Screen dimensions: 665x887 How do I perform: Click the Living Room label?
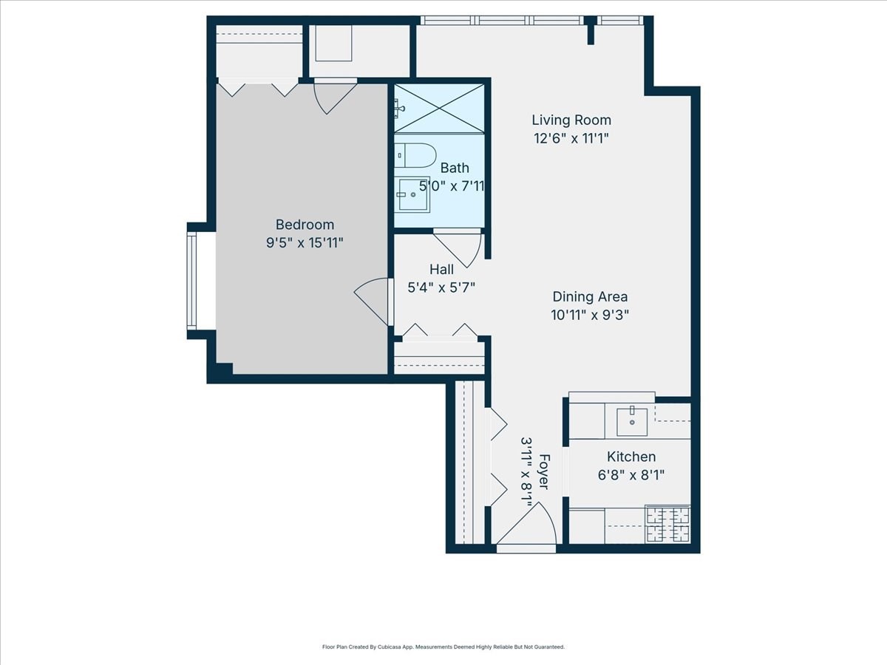coord(571,120)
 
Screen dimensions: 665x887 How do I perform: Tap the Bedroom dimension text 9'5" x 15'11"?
coord(305,242)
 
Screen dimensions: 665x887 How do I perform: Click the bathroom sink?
coord(412,194)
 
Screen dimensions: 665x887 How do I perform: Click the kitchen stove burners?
coord(668,524)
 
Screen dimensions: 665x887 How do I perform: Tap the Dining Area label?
coord(590,296)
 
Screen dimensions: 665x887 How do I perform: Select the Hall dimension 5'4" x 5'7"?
coord(441,287)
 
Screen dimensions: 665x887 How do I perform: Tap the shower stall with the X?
coord(439,109)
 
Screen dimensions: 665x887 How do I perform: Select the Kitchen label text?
coord(631,457)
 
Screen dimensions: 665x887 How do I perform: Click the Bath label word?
coord(455,168)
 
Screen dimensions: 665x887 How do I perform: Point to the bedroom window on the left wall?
coord(192,281)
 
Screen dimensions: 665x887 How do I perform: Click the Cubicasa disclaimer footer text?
coord(443,647)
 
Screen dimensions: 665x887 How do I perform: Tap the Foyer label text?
coord(544,471)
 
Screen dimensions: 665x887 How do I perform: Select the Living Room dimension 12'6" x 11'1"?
coord(571,138)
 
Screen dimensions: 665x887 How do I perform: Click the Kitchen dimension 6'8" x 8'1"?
coord(631,475)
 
